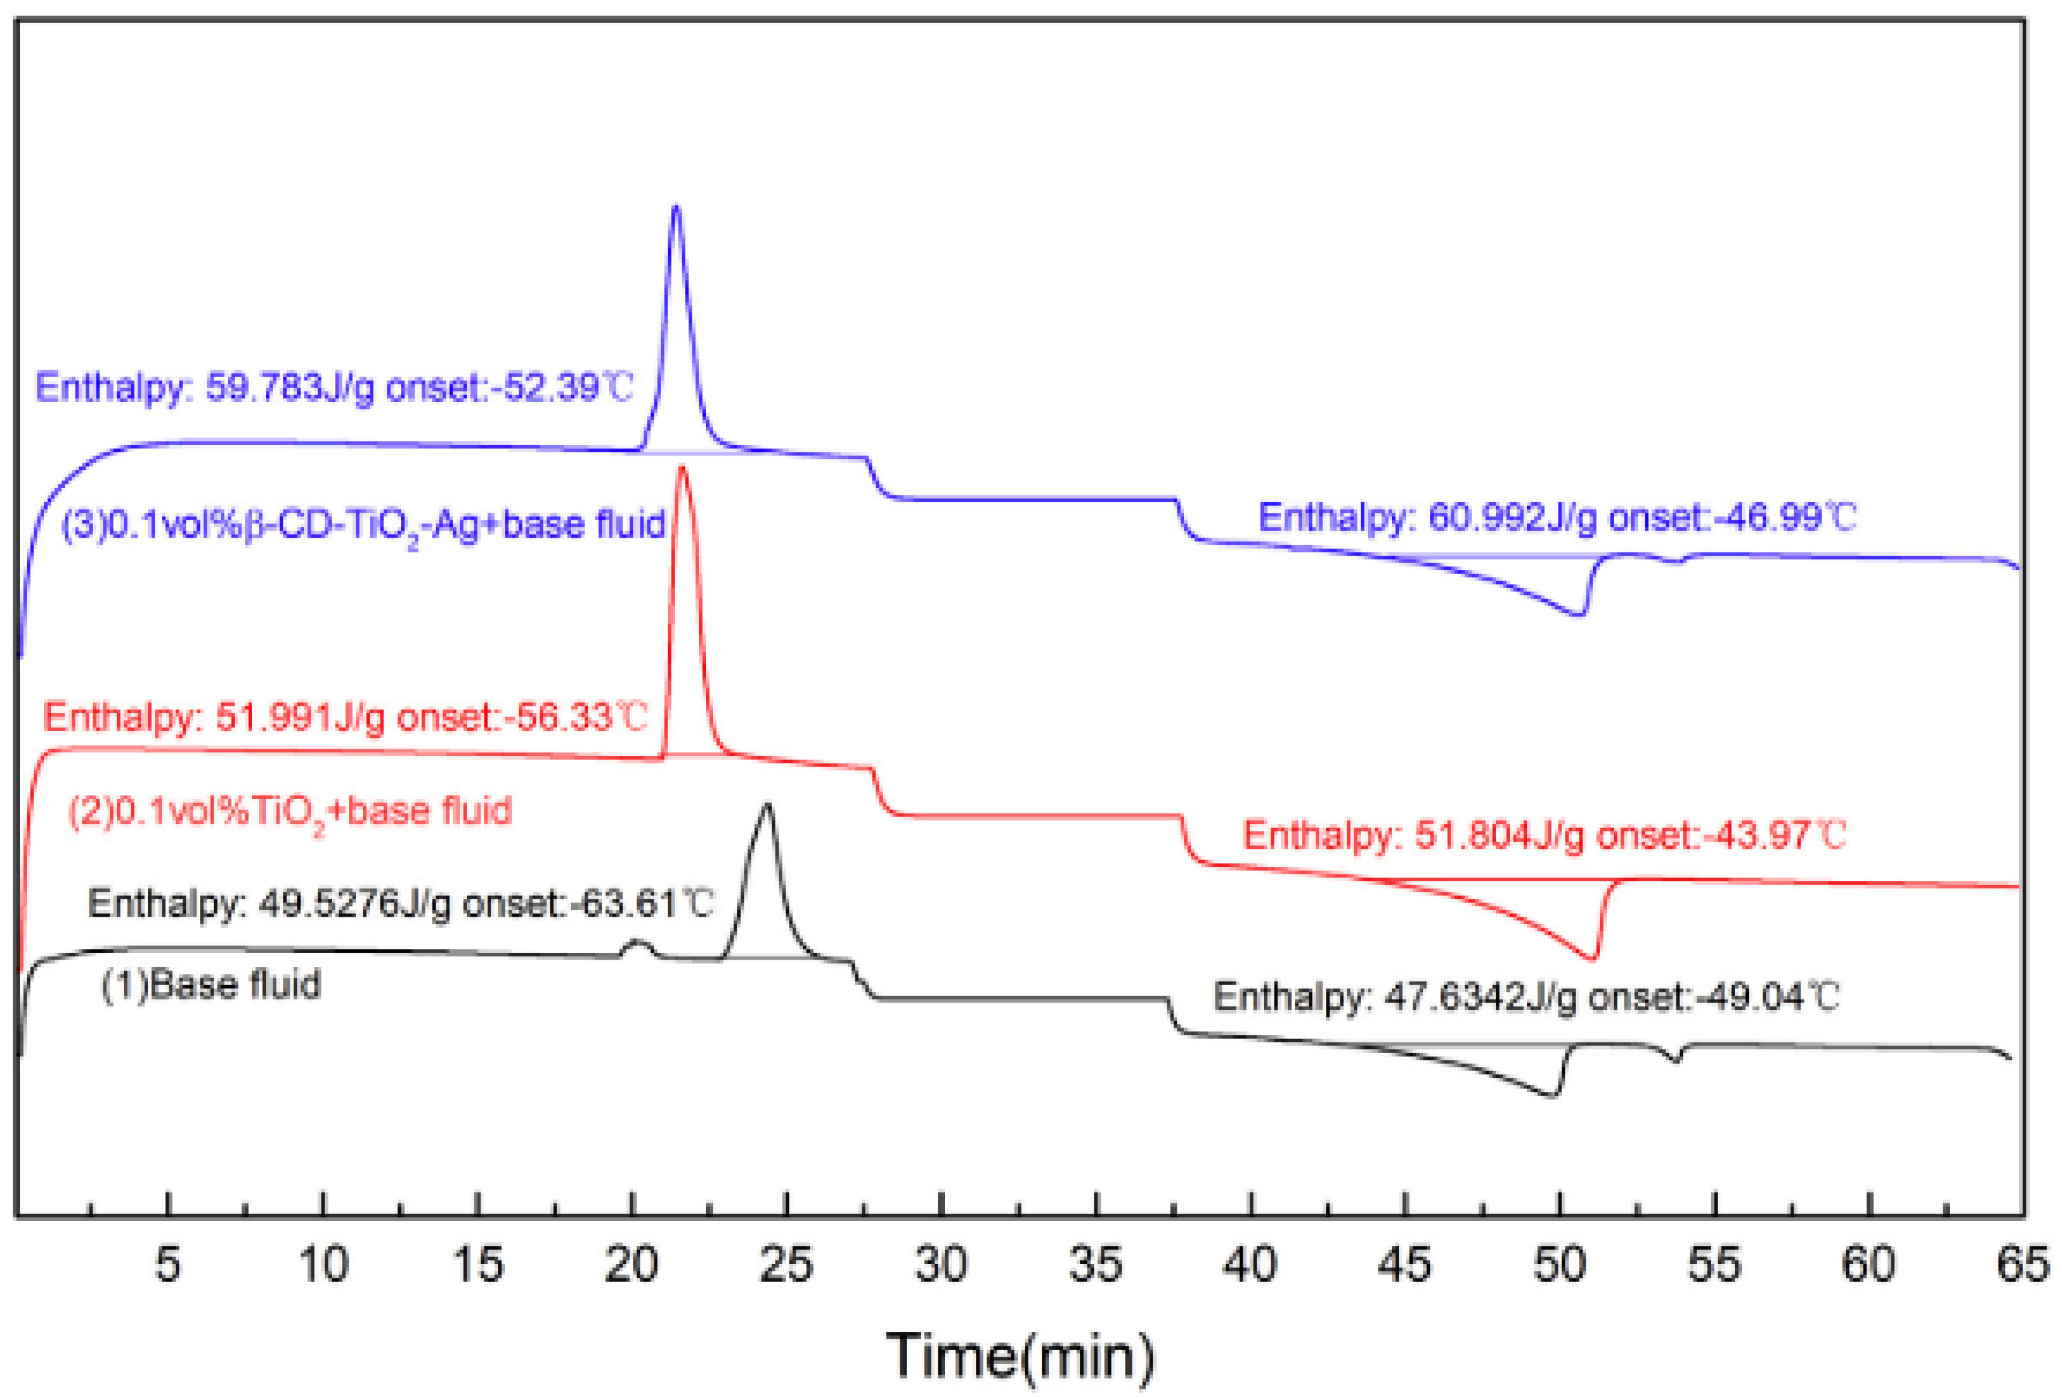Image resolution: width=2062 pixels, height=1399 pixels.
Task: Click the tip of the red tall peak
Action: point(682,467)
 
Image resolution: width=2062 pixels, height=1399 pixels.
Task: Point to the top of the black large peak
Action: point(766,805)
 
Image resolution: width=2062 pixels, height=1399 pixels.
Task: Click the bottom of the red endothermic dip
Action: point(1594,959)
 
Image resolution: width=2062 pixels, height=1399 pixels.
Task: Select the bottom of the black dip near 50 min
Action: point(1552,1097)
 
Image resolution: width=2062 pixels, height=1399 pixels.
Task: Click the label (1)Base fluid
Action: point(211,985)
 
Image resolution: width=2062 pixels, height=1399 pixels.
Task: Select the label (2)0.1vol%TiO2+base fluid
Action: point(290,811)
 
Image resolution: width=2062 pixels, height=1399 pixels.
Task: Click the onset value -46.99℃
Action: point(1784,517)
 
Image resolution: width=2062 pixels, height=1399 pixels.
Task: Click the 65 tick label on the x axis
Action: point(2023,1264)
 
